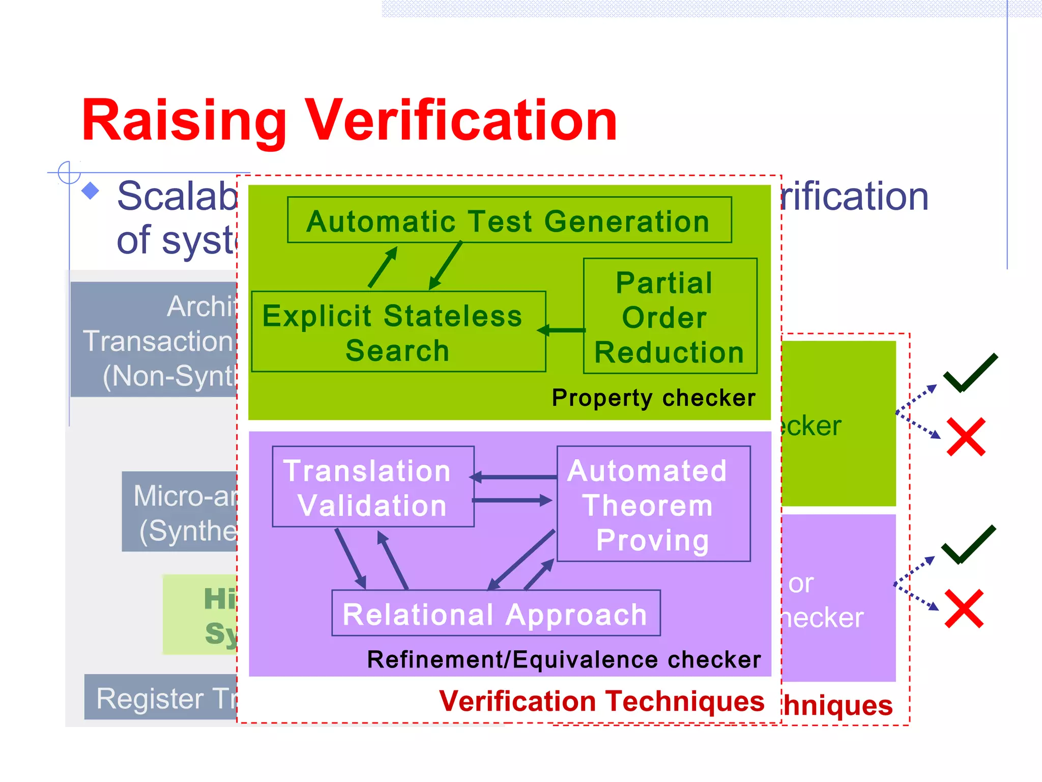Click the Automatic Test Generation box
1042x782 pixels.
tap(509, 220)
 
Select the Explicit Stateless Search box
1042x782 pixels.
tap(398, 332)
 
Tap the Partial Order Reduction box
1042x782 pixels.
tap(670, 317)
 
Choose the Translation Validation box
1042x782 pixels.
tap(373, 487)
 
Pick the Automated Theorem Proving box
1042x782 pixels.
tap(653, 504)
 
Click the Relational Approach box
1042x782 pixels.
tap(496, 613)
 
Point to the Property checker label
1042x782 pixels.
tap(653, 398)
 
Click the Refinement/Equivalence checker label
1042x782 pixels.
tap(564, 660)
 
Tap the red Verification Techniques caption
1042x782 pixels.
tap(601, 702)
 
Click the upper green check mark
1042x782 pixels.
tap(970, 373)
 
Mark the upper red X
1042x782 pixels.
tap(966, 437)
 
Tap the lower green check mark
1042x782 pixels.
tap(968, 544)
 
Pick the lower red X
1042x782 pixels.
tap(964, 608)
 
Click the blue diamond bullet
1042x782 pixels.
tap(91, 191)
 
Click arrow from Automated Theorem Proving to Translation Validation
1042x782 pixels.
tap(514, 477)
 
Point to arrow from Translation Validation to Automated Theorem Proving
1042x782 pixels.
tap(513, 500)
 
